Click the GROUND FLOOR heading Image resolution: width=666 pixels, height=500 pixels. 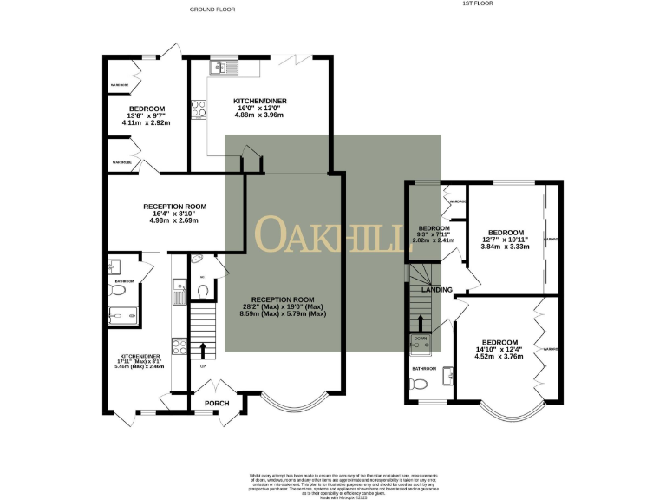click(213, 10)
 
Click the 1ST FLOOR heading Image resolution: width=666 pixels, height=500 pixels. click(477, 3)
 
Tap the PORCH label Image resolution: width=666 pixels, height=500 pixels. click(215, 404)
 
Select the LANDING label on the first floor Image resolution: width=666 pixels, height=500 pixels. click(437, 289)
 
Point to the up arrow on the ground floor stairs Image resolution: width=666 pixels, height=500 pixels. click(204, 350)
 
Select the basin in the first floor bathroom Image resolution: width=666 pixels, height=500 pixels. click(447, 374)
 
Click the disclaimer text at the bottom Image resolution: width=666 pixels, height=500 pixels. click(333, 484)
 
